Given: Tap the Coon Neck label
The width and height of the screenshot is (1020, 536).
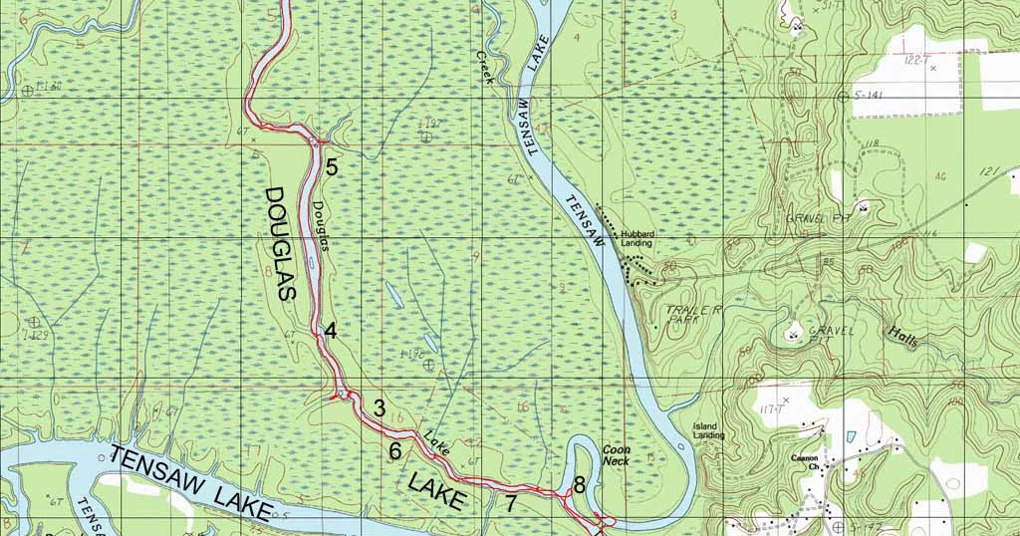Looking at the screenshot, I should click(x=616, y=455).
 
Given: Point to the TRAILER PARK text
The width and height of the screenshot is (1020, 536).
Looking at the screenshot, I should click(x=694, y=316).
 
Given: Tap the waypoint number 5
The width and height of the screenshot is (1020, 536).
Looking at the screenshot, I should click(x=332, y=167).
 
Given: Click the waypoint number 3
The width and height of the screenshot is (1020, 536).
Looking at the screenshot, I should click(x=379, y=407).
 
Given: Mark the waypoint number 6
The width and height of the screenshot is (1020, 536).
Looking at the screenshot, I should click(x=395, y=451).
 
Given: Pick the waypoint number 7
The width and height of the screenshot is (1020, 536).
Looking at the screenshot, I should click(x=510, y=504).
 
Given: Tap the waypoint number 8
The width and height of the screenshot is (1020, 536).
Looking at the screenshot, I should click(x=579, y=486).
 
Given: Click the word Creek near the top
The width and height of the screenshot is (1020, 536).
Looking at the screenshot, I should click(x=485, y=69).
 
